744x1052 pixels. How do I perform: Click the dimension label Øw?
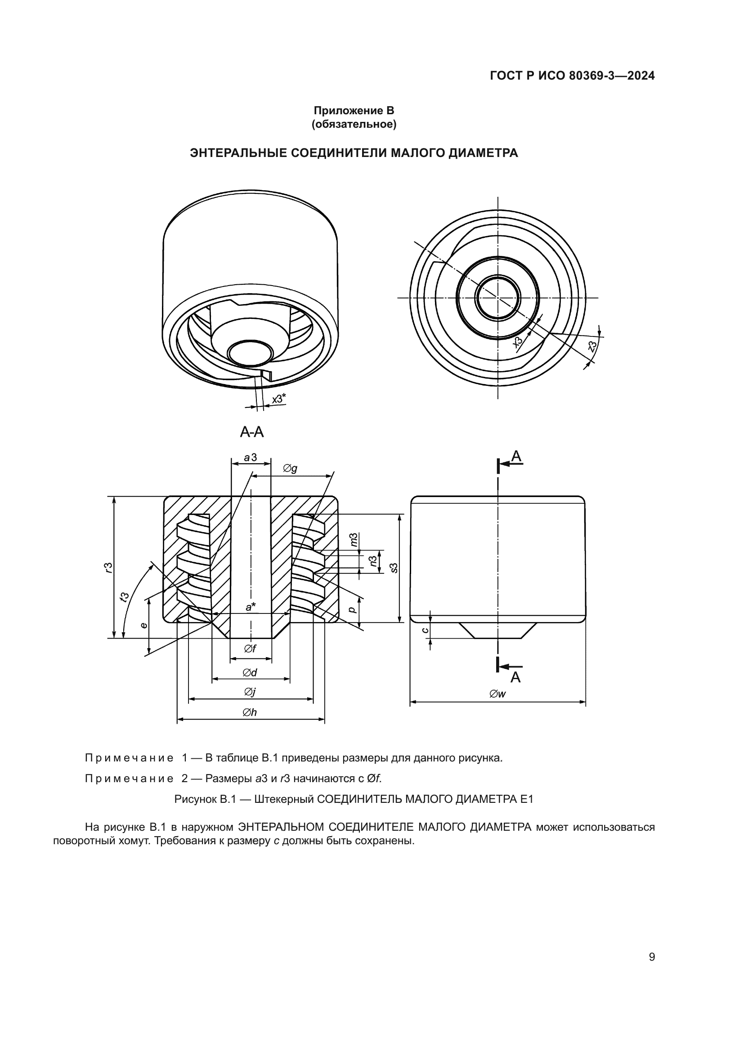[497, 694]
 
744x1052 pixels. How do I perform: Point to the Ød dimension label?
[250, 672]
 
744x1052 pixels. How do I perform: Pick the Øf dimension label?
[250, 649]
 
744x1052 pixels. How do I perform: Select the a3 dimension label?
[250, 457]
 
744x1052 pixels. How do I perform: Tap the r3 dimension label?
[108, 567]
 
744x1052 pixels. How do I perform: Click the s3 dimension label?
[394, 568]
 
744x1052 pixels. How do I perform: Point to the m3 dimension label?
[353, 540]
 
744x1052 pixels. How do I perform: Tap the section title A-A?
[252, 432]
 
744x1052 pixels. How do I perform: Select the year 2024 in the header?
[641, 76]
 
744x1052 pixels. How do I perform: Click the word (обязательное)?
[354, 124]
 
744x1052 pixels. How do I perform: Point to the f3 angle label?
[124, 597]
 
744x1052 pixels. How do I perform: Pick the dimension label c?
[425, 630]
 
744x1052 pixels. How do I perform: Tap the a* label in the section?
[251, 607]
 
